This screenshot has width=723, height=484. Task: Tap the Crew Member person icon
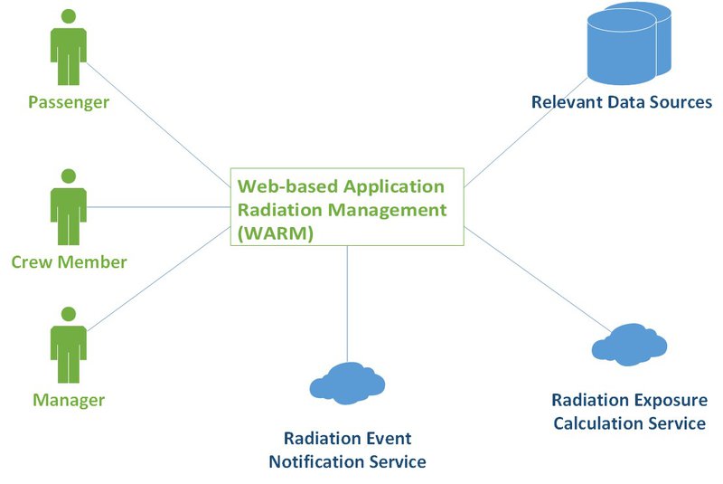[x=69, y=206]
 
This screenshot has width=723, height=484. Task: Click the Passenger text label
[x=69, y=102]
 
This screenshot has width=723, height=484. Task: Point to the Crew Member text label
[x=69, y=263]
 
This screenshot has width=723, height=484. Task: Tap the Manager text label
[x=69, y=400]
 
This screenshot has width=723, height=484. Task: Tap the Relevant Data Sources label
[x=622, y=102]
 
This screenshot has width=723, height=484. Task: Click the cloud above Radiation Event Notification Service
[x=347, y=384]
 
